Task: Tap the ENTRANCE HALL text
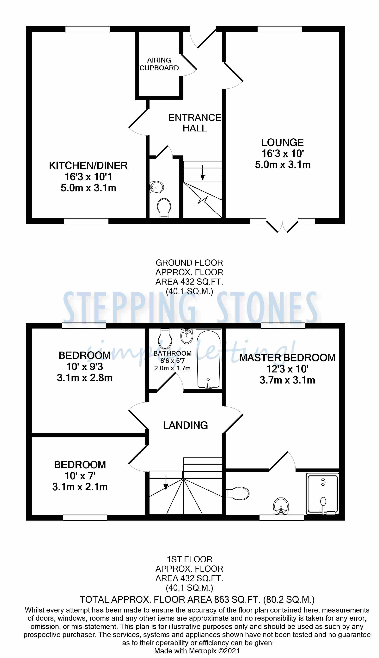(x=195, y=123)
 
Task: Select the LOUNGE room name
(x=282, y=143)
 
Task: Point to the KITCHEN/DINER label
(x=88, y=166)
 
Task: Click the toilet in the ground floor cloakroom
(x=164, y=208)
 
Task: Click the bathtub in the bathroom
(x=208, y=359)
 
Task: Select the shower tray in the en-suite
(x=323, y=494)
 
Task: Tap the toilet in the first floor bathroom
(x=165, y=339)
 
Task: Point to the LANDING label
(x=185, y=425)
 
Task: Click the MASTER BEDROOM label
(x=287, y=358)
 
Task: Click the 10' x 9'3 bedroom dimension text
(x=85, y=367)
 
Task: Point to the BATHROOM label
(x=172, y=353)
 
